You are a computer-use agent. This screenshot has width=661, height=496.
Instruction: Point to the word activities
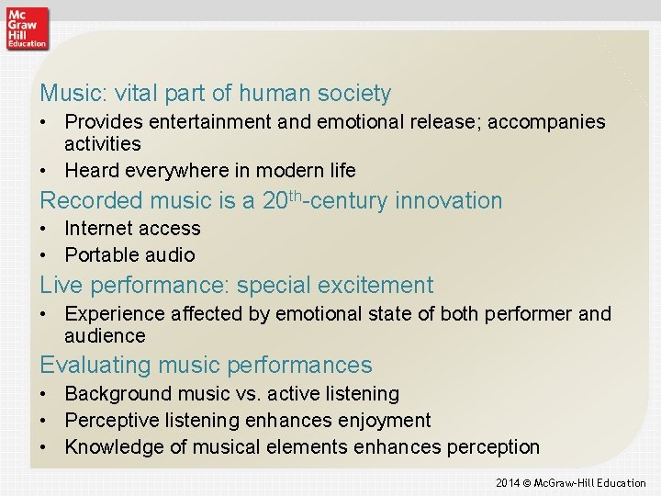(102, 144)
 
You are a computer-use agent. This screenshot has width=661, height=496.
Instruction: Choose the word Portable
(99, 254)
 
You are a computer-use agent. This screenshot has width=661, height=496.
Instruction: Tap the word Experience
(112, 314)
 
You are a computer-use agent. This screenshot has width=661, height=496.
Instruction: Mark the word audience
(105, 336)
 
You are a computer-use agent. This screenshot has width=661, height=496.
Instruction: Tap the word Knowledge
(112, 447)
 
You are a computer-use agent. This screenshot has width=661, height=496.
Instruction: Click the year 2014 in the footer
(508, 482)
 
